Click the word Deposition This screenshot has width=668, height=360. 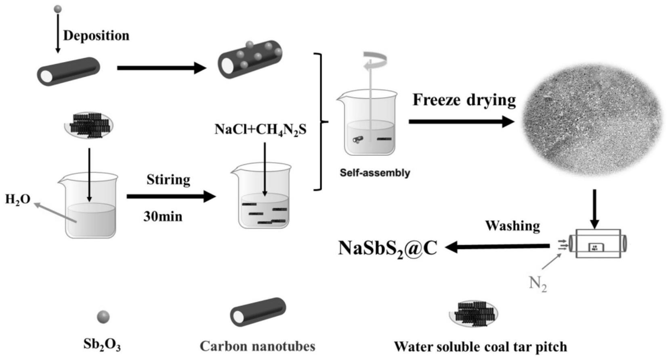coord(96,36)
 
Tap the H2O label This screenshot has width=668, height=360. coord(17,199)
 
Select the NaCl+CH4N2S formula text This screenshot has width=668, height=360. coord(260,130)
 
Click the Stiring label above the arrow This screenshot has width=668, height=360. coord(168,180)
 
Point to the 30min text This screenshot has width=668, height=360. coord(163,217)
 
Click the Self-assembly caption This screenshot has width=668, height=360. coord(375,173)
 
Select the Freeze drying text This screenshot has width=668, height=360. coord(464,100)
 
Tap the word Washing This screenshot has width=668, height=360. coord(512,226)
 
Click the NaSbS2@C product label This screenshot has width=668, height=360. coord(387,248)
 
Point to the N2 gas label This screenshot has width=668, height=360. coord(538,284)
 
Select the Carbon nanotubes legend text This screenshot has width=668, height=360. coord(257,346)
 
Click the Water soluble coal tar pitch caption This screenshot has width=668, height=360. coord(480,347)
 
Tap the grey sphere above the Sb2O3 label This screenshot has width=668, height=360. coord(103,317)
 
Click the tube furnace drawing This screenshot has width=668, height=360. coord(597,244)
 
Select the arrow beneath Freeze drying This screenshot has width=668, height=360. coord(461,121)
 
